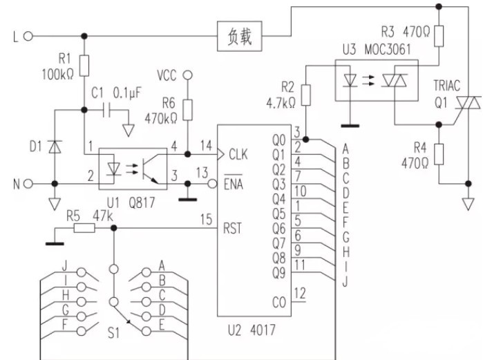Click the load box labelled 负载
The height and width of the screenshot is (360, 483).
240,36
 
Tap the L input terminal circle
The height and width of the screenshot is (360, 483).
28,37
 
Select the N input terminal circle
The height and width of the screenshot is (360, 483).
28,184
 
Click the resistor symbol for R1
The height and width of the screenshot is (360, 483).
84,66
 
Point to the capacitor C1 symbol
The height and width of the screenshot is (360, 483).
106,110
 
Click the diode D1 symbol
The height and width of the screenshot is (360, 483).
55,146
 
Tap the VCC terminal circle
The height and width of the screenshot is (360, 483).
187,75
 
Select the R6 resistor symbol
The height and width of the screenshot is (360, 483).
187,110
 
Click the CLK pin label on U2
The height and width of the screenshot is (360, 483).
238,154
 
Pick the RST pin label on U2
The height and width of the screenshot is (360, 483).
232,229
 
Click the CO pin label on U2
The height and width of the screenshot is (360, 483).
279,303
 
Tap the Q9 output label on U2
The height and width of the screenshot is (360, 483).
278,273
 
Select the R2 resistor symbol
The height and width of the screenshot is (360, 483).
306,95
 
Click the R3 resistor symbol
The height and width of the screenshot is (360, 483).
439,37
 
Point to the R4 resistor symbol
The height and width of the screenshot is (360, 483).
439,154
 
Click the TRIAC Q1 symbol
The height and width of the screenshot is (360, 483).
468,103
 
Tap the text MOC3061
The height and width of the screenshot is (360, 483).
388,49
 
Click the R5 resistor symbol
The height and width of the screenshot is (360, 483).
84,228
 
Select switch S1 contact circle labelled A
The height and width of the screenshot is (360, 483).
146,272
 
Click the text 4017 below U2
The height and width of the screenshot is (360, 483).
263,330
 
